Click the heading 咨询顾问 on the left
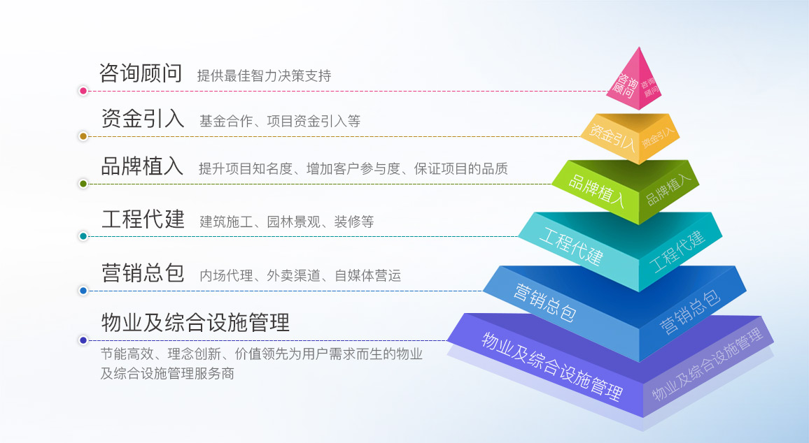pyautogui.click(x=141, y=73)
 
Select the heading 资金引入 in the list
pyautogui.click(x=142, y=119)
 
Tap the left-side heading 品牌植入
pyautogui.click(x=142, y=166)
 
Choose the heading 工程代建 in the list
pyautogui.click(x=143, y=219)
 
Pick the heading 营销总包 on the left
pyautogui.click(x=143, y=273)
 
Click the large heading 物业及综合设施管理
pyautogui.click(x=195, y=322)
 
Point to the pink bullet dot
pyautogui.click(x=83, y=91)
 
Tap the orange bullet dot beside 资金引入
pyautogui.click(x=83, y=136)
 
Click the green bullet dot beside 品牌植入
pyautogui.click(x=83, y=184)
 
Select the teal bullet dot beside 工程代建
pyautogui.click(x=83, y=236)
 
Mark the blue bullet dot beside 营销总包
pyautogui.click(x=83, y=291)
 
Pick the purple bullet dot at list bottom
pyautogui.click(x=83, y=340)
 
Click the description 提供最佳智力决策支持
pyautogui.click(x=264, y=75)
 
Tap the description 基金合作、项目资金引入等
pyautogui.click(x=280, y=121)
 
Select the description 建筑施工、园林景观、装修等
pyautogui.click(x=286, y=222)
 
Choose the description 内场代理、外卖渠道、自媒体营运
pyautogui.click(x=300, y=275)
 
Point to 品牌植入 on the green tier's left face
pyautogui.click(x=596, y=190)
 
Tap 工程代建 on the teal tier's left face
pyautogui.click(x=570, y=247)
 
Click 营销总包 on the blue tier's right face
pyautogui.click(x=689, y=312)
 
